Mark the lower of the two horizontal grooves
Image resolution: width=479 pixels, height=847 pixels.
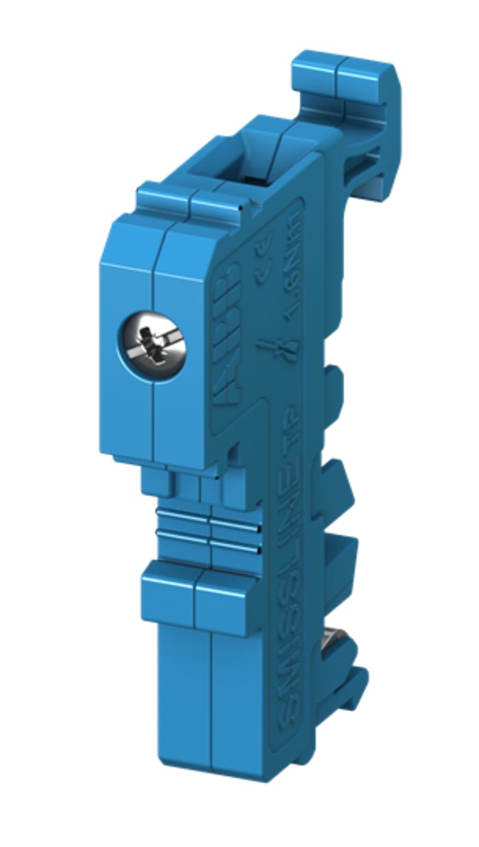(x=209, y=543)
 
